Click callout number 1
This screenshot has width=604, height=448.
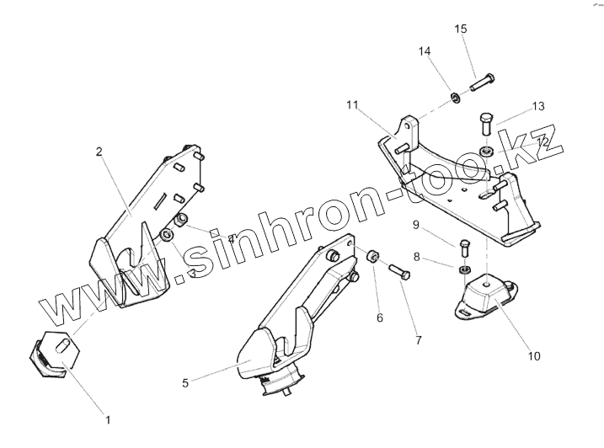click(x=107, y=417)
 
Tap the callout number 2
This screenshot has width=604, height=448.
click(x=99, y=152)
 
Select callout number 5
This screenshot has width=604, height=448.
click(x=184, y=381)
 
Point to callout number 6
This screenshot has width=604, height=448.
click(x=380, y=318)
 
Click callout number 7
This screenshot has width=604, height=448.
click(x=419, y=339)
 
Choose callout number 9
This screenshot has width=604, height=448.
click(x=415, y=225)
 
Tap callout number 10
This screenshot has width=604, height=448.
click(x=533, y=356)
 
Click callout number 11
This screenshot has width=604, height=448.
click(x=352, y=105)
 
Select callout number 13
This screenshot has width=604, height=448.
click(x=538, y=106)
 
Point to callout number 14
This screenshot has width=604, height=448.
click(x=425, y=51)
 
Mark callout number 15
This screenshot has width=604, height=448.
click(x=461, y=29)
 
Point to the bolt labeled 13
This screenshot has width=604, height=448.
click(x=486, y=125)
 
